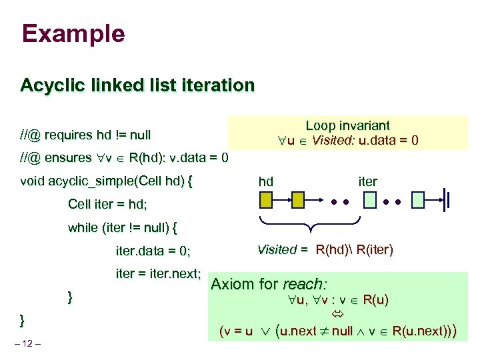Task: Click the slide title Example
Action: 73,33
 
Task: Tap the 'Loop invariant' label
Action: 347,125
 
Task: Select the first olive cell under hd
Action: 266,199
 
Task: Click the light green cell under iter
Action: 369,199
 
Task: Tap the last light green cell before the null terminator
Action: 418,199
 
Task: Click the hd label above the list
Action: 265,181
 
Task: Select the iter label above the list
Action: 367,181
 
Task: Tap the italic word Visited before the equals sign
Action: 277,250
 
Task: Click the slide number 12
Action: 31,343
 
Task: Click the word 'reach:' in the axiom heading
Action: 305,284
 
